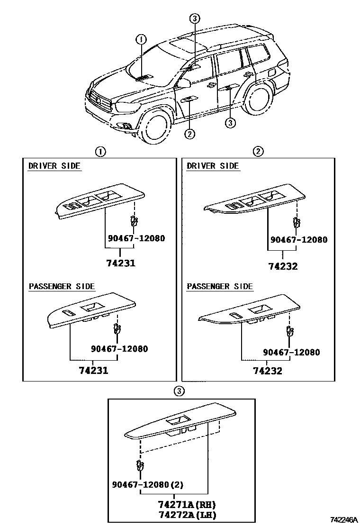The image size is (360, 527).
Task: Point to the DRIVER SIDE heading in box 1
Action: [x=54, y=166]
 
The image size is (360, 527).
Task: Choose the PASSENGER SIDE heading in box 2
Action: [x=220, y=287]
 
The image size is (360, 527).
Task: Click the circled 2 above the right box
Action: [x=258, y=152]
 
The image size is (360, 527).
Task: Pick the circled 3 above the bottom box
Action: [x=179, y=391]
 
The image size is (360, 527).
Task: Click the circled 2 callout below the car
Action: [x=189, y=134]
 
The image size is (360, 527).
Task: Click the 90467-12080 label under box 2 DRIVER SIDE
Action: [x=299, y=240]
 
